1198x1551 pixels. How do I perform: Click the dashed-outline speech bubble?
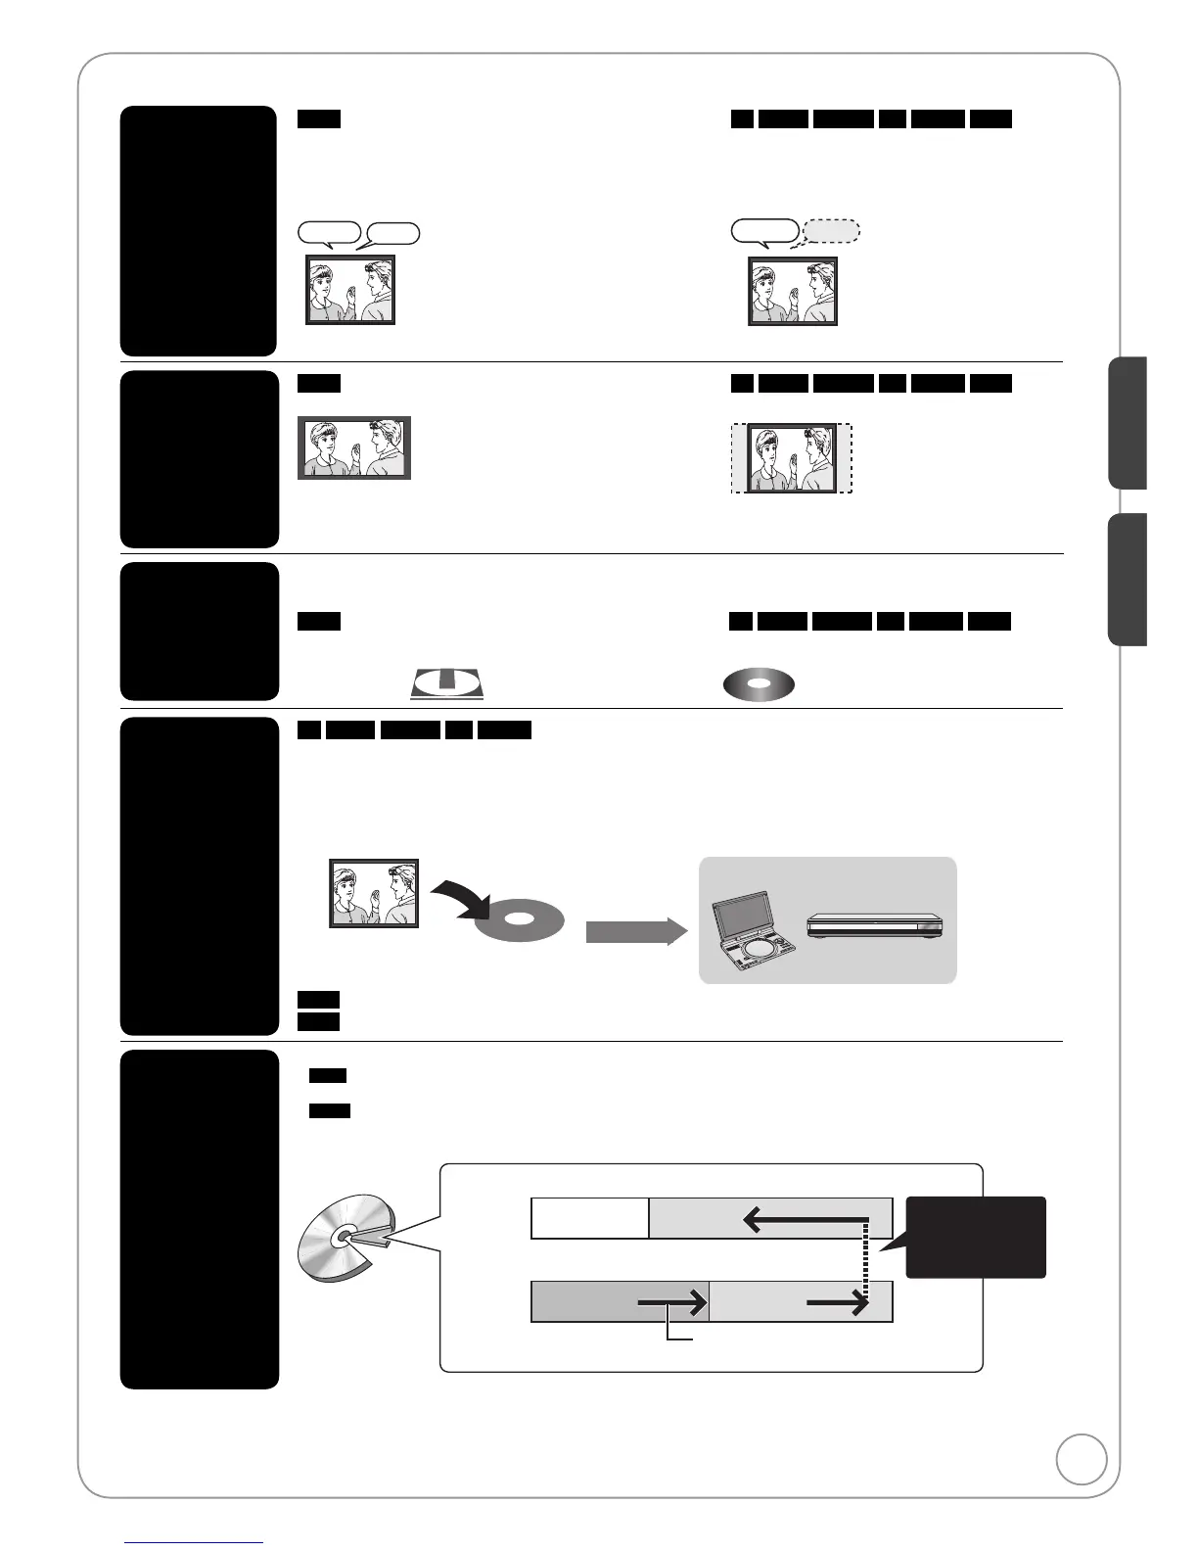(x=831, y=231)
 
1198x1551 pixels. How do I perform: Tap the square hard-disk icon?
(x=446, y=683)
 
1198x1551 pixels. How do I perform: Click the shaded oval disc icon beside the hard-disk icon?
(x=759, y=684)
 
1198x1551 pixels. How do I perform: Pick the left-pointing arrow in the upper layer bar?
(x=805, y=1219)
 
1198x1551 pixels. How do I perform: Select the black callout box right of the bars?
(x=976, y=1237)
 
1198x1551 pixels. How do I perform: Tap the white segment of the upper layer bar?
(x=589, y=1218)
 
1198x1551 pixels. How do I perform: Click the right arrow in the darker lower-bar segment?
(x=672, y=1302)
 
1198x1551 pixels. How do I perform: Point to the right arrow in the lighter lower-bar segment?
(x=838, y=1302)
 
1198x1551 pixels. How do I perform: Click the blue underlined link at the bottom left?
(x=194, y=1542)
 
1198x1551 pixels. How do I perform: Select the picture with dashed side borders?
(x=792, y=458)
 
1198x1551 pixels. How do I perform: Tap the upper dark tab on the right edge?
(x=1128, y=423)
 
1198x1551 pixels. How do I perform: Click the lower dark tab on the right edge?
(x=1128, y=580)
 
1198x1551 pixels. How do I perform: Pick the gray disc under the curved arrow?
(x=520, y=921)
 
